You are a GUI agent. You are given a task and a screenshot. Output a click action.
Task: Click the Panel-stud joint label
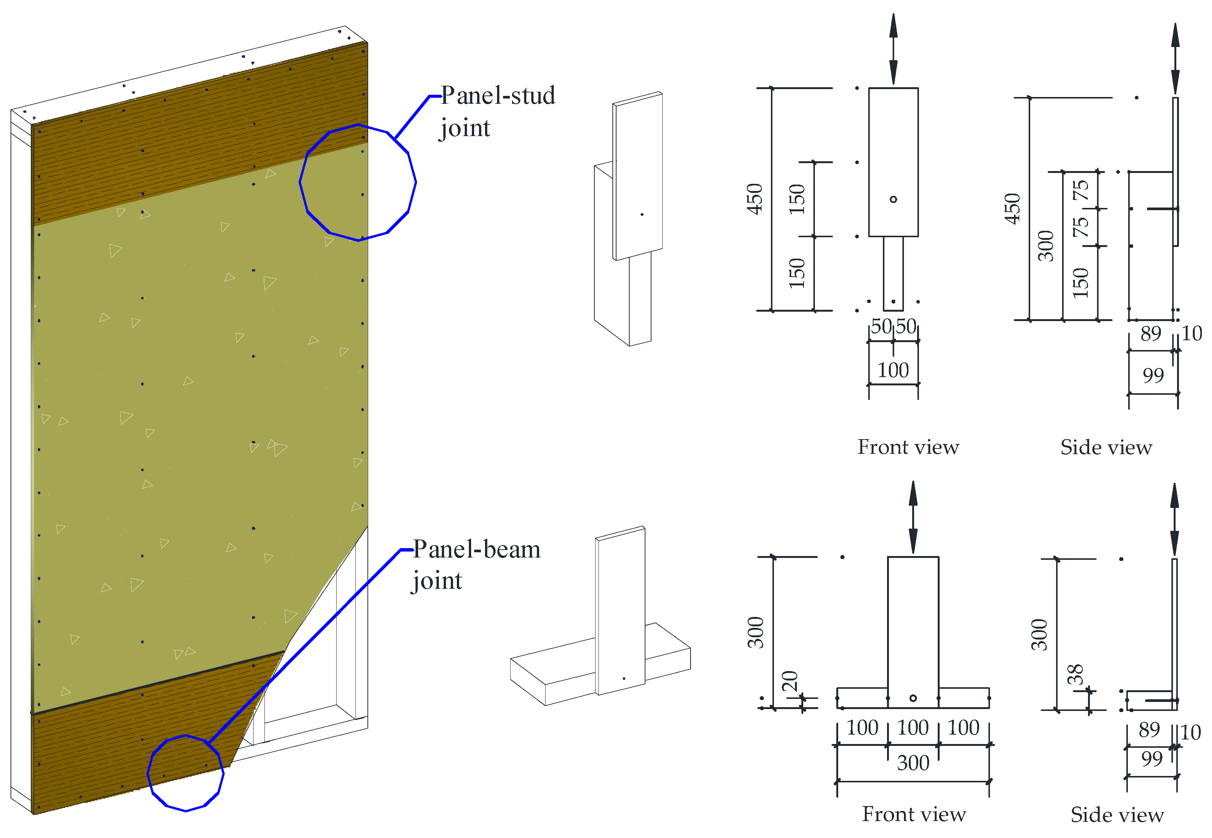coord(496,111)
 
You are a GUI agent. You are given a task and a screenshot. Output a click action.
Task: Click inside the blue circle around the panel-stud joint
coord(358,182)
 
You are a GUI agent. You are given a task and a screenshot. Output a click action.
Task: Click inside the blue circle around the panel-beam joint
coord(186,773)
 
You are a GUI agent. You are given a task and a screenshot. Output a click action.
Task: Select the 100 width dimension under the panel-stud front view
coord(893,371)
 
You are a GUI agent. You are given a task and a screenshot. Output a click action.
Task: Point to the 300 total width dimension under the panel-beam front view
coord(913,763)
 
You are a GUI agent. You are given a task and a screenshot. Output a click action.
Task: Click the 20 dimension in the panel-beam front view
coord(790,682)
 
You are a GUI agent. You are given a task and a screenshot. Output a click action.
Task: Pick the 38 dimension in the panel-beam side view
coord(1076,675)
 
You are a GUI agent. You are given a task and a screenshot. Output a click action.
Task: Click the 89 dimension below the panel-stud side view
coord(1151,334)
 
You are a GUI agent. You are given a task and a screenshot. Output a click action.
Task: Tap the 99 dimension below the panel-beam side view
coord(1152,759)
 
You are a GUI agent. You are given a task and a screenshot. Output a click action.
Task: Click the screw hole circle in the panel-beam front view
coord(913,699)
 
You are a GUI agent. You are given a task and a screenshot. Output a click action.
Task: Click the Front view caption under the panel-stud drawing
coord(908,447)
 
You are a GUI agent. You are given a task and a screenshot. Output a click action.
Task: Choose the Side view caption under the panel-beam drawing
coord(1117,815)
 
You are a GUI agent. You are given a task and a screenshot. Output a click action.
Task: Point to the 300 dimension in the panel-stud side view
coord(1046,246)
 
